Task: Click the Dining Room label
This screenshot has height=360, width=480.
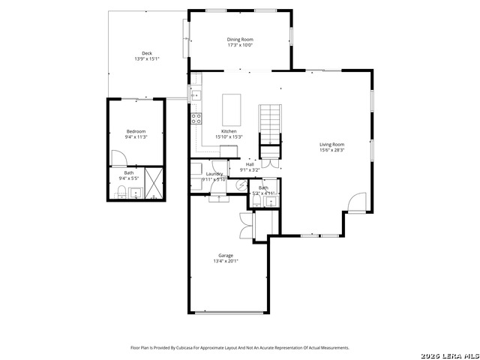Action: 240,39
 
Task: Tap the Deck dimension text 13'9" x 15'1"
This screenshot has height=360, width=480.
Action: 147,59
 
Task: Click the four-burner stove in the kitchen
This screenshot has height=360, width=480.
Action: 196,118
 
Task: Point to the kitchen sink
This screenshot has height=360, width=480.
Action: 195,95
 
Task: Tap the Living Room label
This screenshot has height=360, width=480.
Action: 331,144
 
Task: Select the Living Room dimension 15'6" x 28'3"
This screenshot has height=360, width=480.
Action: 331,150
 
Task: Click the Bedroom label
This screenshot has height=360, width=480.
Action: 136,131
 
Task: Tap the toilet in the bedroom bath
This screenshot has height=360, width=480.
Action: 120,193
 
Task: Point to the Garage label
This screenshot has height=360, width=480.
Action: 226,255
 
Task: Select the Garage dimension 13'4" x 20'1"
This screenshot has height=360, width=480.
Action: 226,261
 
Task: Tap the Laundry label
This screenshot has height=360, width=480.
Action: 214,174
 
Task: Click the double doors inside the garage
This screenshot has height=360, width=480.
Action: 245,223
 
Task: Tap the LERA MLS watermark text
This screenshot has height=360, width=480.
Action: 448,354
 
